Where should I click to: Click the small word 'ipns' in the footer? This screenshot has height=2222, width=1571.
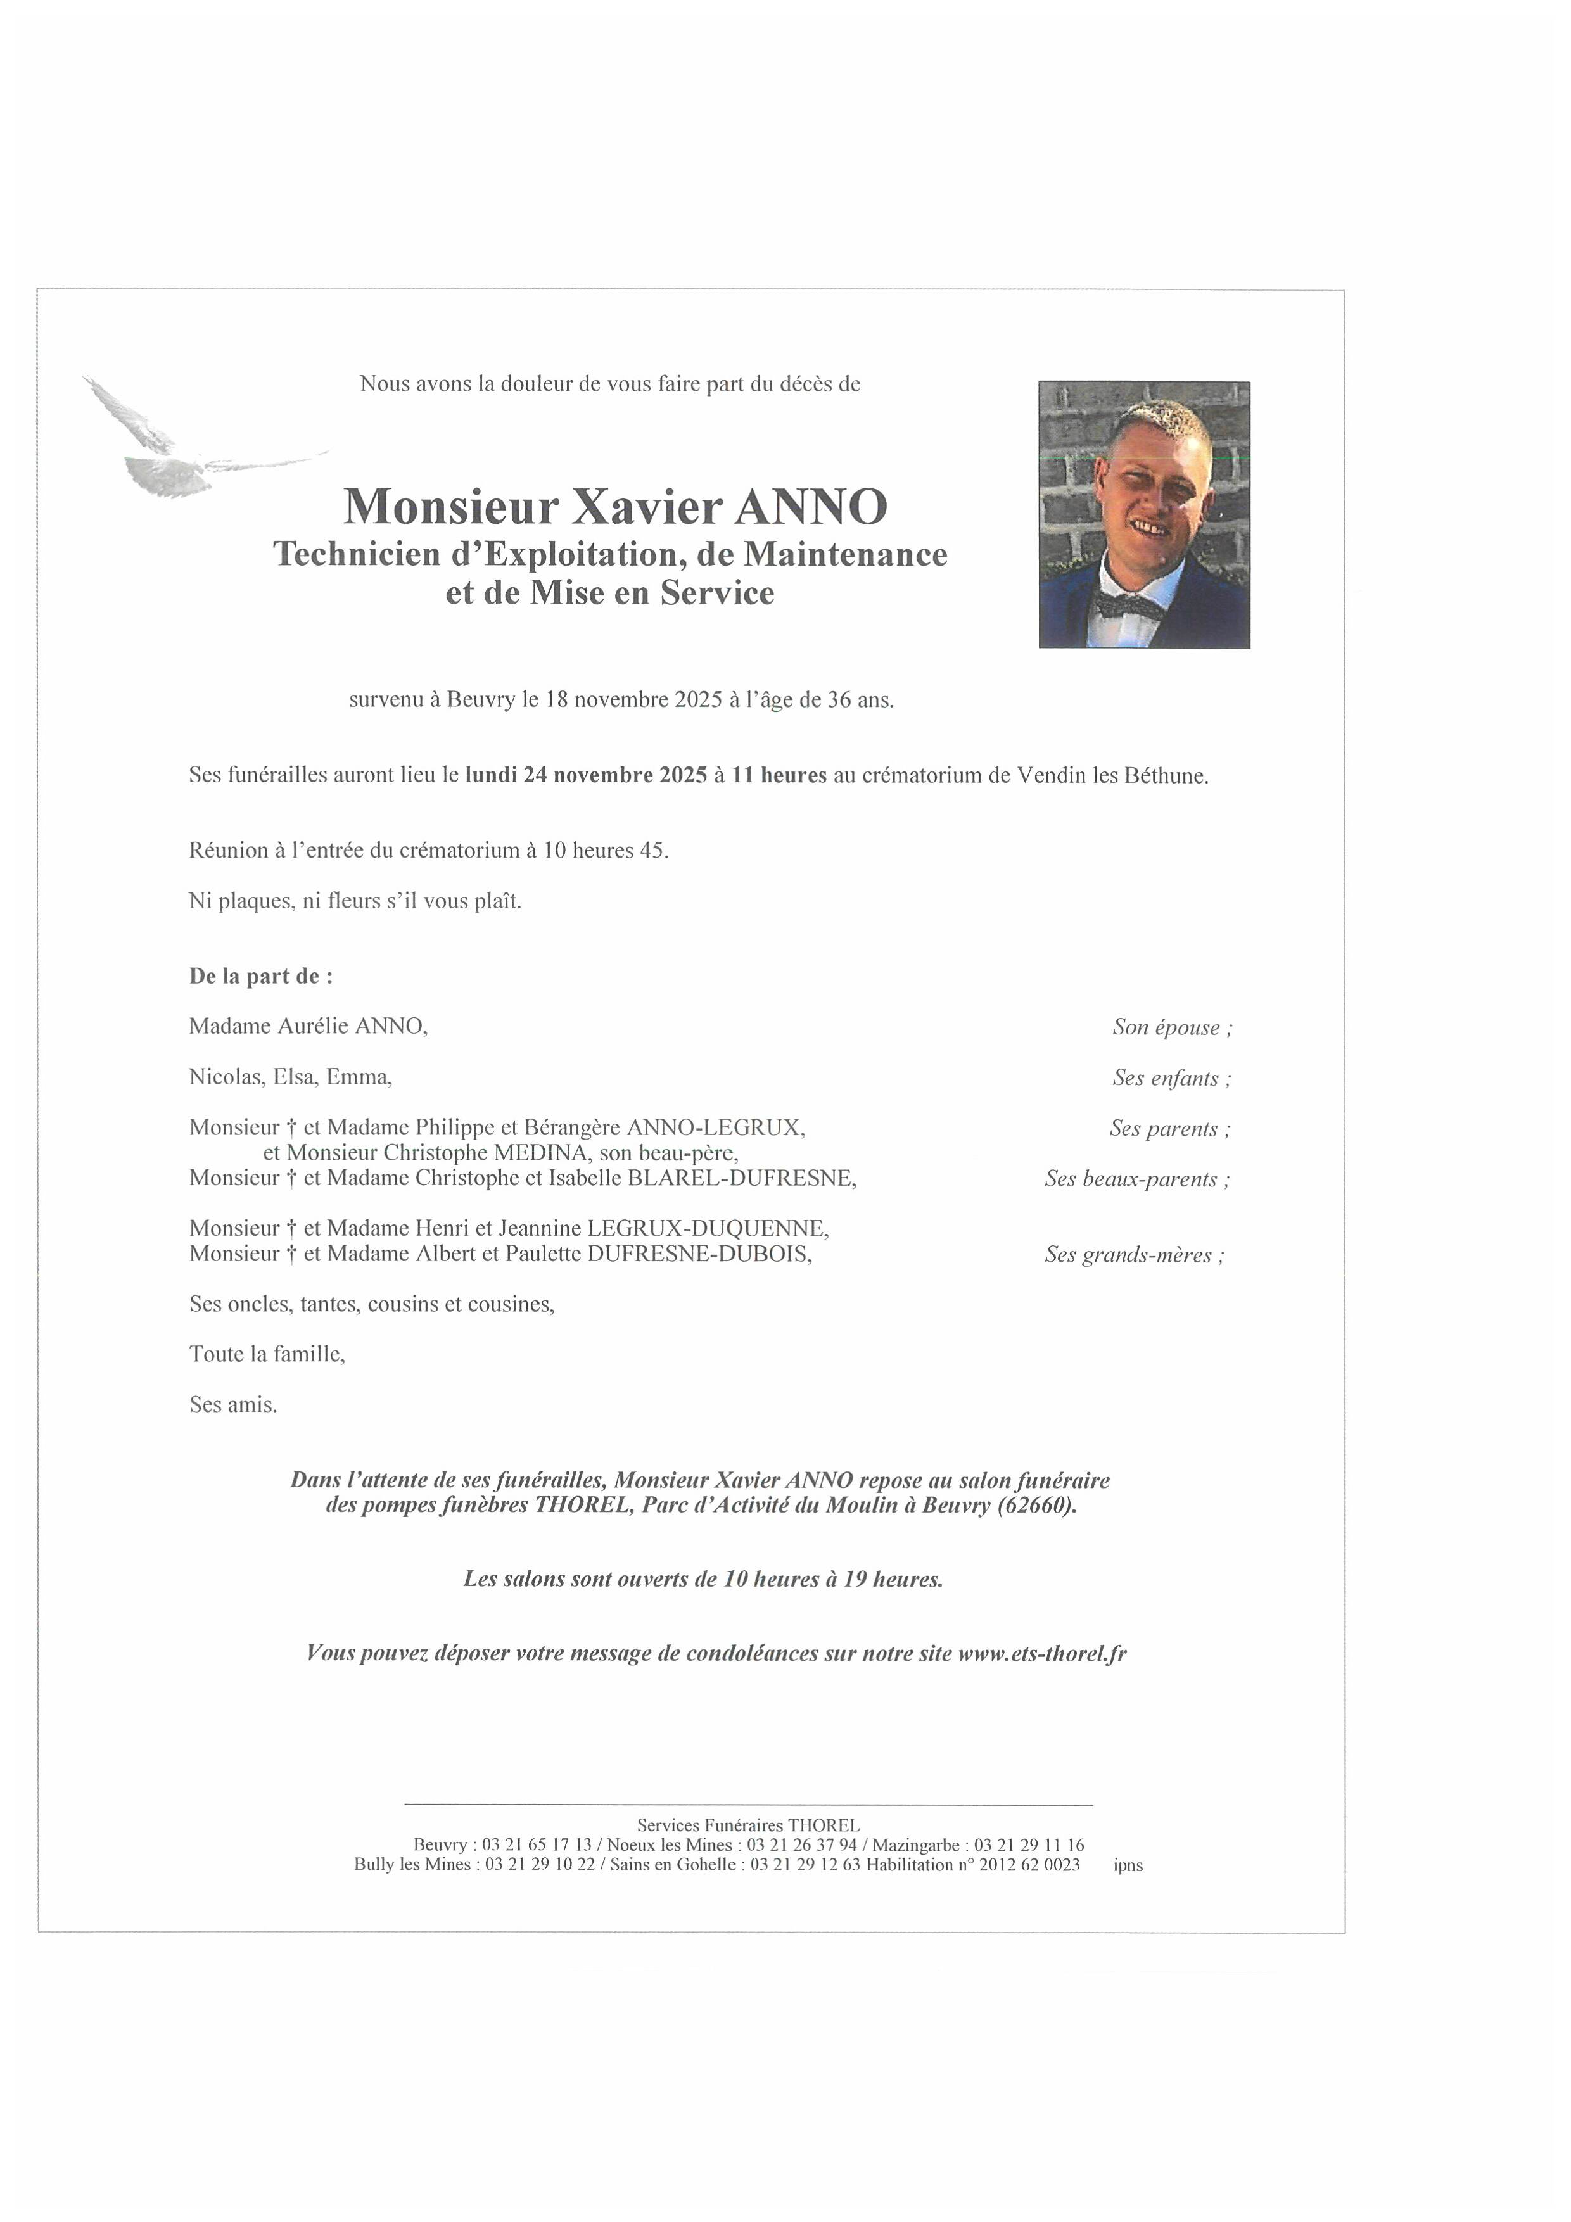pyautogui.click(x=1128, y=1865)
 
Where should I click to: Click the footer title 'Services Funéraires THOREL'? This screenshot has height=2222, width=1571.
pyautogui.click(x=747, y=1825)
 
